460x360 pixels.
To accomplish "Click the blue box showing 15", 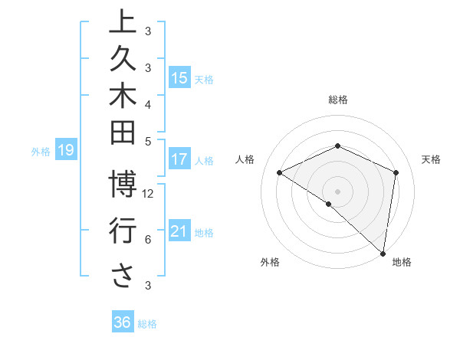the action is point(179,77).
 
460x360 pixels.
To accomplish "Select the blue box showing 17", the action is point(179,159).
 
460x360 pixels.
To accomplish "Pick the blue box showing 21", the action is point(179,231).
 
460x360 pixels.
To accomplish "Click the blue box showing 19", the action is point(66,151).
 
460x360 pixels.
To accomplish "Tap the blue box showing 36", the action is point(123,322).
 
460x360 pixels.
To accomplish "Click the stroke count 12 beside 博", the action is point(149,194).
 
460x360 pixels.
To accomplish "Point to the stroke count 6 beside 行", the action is point(147,240).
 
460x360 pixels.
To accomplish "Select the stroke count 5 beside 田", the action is point(147,141).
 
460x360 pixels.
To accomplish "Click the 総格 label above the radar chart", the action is point(338,100).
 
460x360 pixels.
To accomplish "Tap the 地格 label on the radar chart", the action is point(402,262).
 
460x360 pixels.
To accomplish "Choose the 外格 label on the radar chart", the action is point(270,262).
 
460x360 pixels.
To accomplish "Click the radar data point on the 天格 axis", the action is point(396,172).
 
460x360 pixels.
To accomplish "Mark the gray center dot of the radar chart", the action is point(337,191).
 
